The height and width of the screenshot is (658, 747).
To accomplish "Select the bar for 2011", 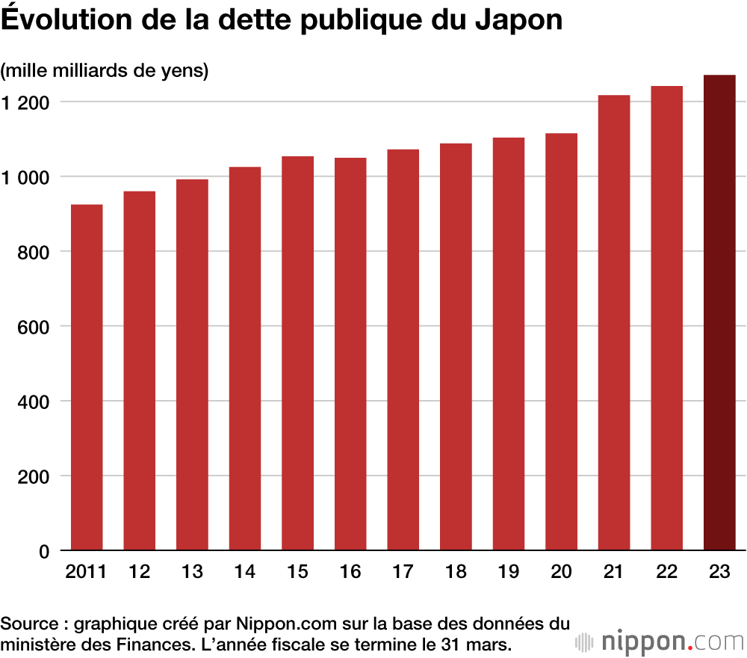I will click(x=87, y=378).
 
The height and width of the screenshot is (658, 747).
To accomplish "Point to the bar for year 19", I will click(x=509, y=344).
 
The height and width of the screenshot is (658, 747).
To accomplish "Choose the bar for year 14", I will click(x=245, y=359).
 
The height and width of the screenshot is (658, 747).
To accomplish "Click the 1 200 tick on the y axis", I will click(x=25, y=102).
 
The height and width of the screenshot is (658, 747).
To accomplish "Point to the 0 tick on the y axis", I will click(x=43, y=551).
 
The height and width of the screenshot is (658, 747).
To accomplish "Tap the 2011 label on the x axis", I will click(x=86, y=572).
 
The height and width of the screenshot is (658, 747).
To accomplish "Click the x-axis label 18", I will click(x=456, y=572).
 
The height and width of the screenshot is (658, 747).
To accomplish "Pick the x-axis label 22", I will click(x=666, y=572).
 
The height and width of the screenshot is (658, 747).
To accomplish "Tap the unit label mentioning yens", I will click(x=105, y=71).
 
